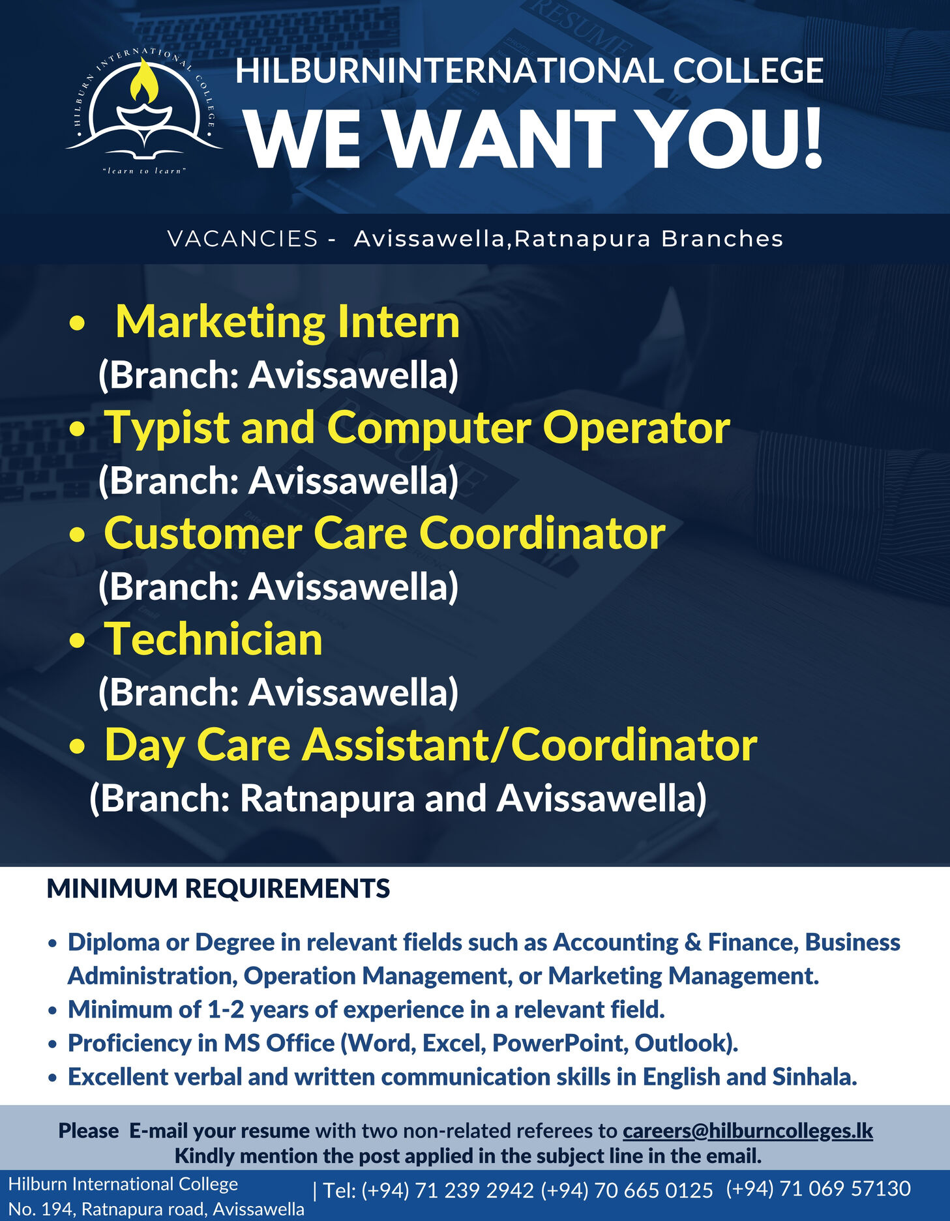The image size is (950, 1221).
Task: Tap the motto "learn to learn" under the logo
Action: [x=145, y=171]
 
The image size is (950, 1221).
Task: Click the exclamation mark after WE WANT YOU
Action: [x=812, y=138]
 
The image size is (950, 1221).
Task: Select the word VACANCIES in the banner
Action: [x=243, y=239]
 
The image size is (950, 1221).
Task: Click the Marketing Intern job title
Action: [x=287, y=322]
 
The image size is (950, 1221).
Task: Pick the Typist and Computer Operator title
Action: [x=417, y=428]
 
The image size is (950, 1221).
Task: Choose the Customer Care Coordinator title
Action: [x=385, y=533]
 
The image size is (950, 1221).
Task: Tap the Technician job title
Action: [x=214, y=639]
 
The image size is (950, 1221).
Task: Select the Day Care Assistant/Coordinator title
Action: [x=430, y=744]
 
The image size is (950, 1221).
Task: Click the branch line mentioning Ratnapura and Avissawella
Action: [x=398, y=798]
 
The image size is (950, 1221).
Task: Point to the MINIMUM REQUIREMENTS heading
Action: [x=218, y=889]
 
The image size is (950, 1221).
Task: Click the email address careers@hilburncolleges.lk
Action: [x=747, y=1130]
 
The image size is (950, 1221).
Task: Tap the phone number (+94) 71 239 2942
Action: [x=448, y=1190]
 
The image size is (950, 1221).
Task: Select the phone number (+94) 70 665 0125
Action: [x=627, y=1190]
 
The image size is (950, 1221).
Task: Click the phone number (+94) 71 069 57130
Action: [x=818, y=1188]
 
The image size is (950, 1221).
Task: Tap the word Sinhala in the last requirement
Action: [x=814, y=1077]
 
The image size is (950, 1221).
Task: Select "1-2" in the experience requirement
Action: [x=226, y=1010]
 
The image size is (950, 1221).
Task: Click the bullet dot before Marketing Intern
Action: [x=77, y=323]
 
